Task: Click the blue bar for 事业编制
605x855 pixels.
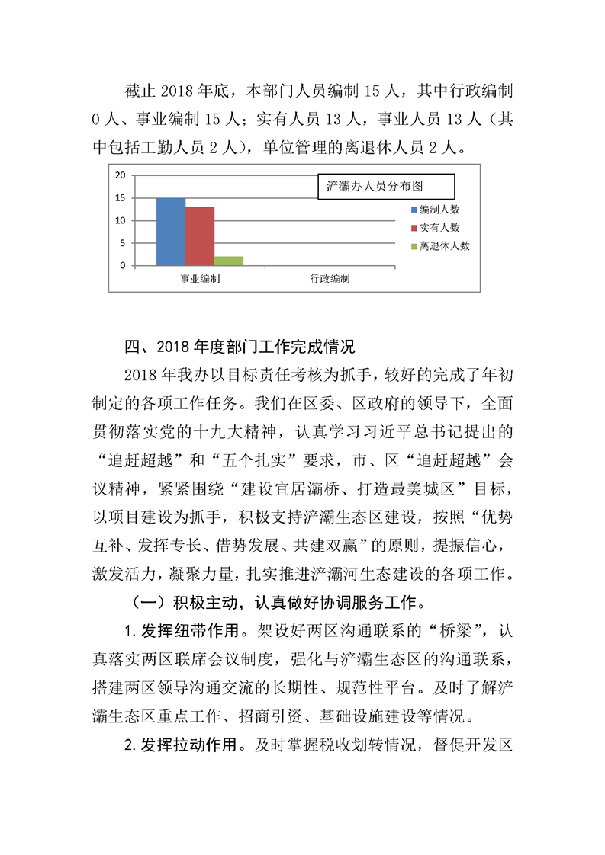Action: click(x=171, y=232)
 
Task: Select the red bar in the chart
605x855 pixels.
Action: click(x=200, y=236)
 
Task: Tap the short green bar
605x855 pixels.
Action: click(x=229, y=261)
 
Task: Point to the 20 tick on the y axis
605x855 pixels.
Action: click(x=120, y=175)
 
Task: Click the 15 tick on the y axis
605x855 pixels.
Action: click(x=120, y=198)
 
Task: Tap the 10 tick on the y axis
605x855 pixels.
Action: click(x=120, y=221)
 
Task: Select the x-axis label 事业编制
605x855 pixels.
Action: click(x=200, y=280)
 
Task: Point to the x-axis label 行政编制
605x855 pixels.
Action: click(x=330, y=280)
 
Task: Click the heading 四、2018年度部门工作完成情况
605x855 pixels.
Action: click(x=240, y=347)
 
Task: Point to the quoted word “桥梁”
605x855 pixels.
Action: click(x=454, y=631)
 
